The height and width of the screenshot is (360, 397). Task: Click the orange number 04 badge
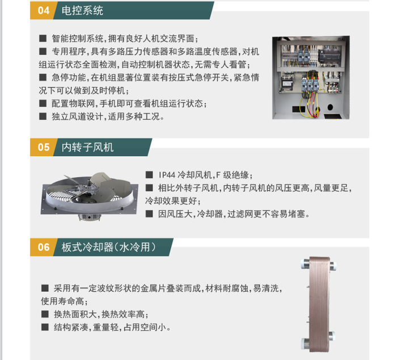[43, 10]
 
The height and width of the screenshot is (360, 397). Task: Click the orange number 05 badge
[43, 147]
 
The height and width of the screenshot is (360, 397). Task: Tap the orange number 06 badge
[43, 247]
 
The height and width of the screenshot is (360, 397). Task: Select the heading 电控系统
[82, 11]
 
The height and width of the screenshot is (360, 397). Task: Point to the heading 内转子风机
[87, 147]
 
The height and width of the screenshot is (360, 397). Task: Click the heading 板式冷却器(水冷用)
[109, 247]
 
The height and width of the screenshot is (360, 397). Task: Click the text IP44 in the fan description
[167, 175]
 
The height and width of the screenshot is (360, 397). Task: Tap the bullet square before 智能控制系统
[43, 39]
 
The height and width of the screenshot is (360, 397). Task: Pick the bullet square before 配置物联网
[43, 103]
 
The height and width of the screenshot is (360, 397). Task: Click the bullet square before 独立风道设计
[43, 116]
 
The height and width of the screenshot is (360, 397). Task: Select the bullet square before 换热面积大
[45, 315]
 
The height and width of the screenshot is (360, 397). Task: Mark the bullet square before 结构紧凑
[45, 327]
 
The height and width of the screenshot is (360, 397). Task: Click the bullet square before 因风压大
[149, 214]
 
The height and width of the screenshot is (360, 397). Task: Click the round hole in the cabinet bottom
[330, 107]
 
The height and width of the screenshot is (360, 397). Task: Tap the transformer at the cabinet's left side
[287, 83]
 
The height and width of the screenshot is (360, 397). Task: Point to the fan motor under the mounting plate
[90, 217]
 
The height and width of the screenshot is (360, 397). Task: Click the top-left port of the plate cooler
[305, 263]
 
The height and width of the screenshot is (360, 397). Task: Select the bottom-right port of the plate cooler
[332, 336]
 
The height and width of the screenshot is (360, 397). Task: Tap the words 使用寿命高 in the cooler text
[62, 302]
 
